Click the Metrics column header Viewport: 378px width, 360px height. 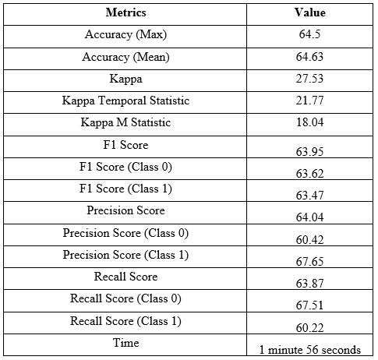(x=125, y=12)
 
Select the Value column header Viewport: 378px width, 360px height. (x=309, y=12)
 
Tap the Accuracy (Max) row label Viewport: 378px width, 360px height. (x=125, y=34)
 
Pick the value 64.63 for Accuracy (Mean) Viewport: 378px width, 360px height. (x=309, y=57)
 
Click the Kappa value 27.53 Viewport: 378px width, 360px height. (x=309, y=79)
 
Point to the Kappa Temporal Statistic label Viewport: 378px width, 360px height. (x=125, y=101)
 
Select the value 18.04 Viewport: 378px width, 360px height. (x=310, y=122)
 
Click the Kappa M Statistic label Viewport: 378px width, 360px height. (x=125, y=122)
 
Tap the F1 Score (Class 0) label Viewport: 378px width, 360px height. (x=125, y=167)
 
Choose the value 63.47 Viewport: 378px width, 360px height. (x=310, y=196)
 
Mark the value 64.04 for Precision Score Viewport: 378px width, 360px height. (x=310, y=217)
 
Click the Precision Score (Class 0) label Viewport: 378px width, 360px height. (x=125, y=233)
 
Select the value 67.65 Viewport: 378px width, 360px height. (x=310, y=261)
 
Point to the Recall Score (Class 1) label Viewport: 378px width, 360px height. (x=125, y=321)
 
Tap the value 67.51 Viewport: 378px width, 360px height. (x=310, y=305)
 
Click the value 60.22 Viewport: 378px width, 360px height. (x=310, y=328)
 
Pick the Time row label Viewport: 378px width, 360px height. (x=126, y=343)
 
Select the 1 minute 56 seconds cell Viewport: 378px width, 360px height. (x=310, y=350)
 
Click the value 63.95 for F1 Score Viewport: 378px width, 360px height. (x=310, y=152)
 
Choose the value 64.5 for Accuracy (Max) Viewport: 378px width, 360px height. (x=309, y=34)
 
